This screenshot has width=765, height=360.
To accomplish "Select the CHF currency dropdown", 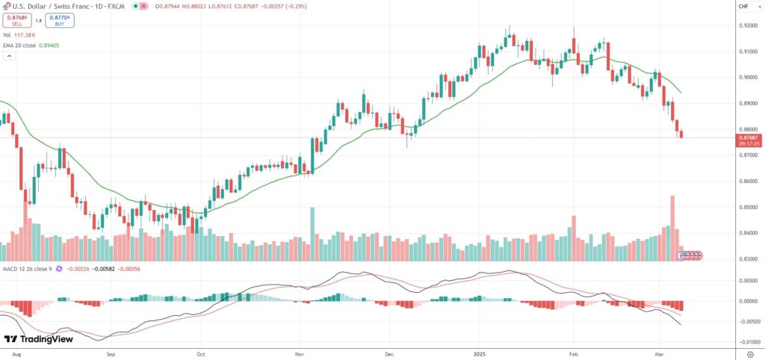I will (x=744, y=7).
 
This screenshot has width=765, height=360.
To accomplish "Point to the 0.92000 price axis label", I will (x=748, y=26).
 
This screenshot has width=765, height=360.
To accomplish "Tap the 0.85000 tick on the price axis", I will (x=748, y=207).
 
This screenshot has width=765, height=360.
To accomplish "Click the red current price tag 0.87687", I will (x=749, y=137).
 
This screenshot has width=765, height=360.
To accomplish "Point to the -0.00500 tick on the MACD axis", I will (x=748, y=322).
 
